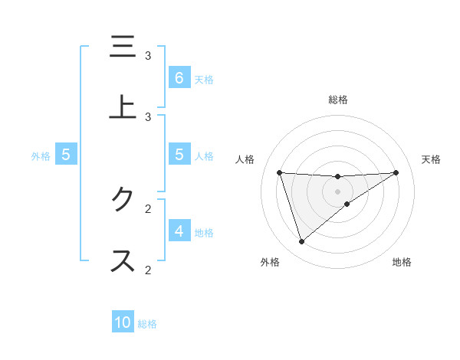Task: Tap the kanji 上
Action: [121, 106]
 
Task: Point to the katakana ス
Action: [121, 260]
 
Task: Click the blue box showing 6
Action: [179, 77]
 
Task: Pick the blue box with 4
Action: [179, 231]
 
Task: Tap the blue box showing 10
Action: [123, 322]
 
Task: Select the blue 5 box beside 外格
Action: [66, 155]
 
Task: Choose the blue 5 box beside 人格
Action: [179, 155]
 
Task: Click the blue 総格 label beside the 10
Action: [147, 323]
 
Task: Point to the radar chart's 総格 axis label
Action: [338, 100]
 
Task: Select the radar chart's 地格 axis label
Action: [402, 262]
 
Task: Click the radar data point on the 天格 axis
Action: [396, 172]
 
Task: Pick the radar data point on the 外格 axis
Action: [301, 242]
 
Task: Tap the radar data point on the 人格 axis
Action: [279, 172]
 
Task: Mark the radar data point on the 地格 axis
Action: [347, 204]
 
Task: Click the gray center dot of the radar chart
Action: [338, 191]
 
